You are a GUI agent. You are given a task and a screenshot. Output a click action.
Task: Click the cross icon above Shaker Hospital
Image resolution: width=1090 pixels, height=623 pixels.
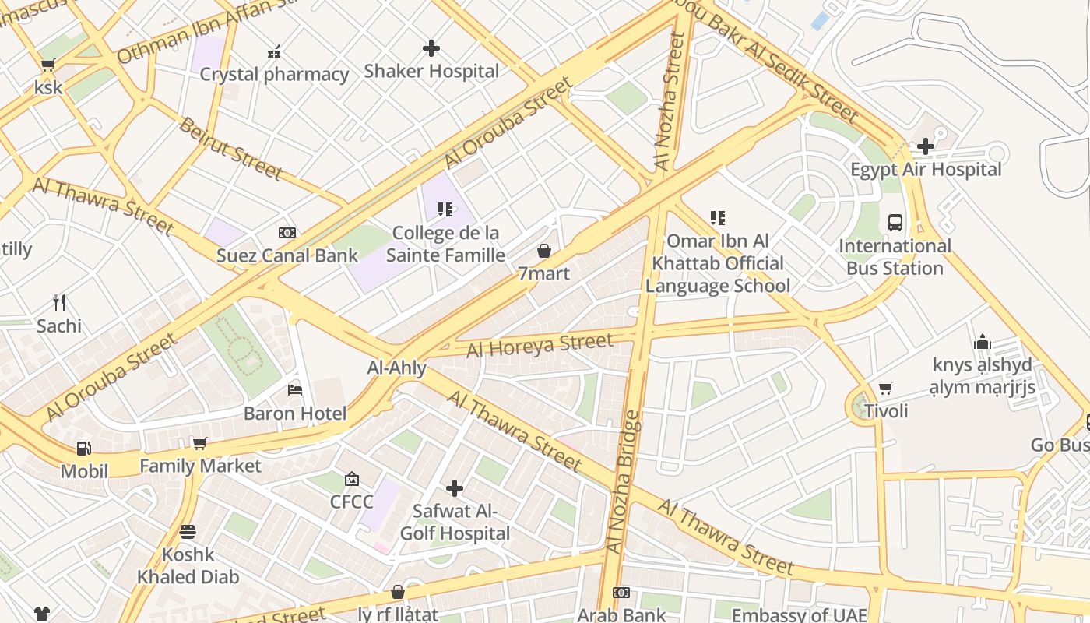pyautogui.click(x=431, y=48)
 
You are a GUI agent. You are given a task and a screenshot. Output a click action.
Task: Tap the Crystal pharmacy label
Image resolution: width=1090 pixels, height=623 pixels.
pyautogui.click(x=274, y=75)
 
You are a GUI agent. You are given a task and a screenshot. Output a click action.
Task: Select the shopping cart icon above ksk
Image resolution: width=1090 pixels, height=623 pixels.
pyautogui.click(x=47, y=65)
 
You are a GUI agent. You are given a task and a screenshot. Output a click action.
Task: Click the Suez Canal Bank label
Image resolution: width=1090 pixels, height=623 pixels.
pyautogui.click(x=287, y=255)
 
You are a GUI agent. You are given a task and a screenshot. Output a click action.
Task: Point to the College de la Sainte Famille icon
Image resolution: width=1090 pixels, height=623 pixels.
pyautogui.click(x=445, y=209)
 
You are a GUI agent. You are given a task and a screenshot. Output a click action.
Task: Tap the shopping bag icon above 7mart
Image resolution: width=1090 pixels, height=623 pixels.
pyautogui.click(x=544, y=251)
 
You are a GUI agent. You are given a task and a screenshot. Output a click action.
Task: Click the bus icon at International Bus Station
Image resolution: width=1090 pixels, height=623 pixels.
pyautogui.click(x=895, y=223)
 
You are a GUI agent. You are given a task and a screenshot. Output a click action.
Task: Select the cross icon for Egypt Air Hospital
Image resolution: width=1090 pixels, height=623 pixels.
pyautogui.click(x=925, y=146)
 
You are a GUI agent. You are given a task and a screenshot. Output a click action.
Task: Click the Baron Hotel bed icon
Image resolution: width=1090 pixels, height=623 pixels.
pyautogui.click(x=295, y=389)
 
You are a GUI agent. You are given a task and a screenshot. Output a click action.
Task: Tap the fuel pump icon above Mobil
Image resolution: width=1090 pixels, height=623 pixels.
pyautogui.click(x=84, y=448)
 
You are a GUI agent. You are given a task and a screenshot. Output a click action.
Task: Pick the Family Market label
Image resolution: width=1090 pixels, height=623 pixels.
pyautogui.click(x=200, y=466)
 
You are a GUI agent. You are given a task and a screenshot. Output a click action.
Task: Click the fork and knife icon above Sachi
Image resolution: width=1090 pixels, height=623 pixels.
pyautogui.click(x=58, y=302)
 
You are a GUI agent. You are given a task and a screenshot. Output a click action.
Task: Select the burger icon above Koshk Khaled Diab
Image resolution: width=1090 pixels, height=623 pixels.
pyautogui.click(x=188, y=532)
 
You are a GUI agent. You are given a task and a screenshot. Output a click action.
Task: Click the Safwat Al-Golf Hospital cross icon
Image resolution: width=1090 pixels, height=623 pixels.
pyautogui.click(x=455, y=488)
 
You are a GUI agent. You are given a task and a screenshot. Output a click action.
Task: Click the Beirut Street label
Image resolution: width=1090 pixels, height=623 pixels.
pyautogui.click(x=230, y=148)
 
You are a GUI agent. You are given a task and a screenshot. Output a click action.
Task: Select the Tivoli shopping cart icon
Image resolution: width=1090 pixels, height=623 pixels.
pyautogui.click(x=886, y=388)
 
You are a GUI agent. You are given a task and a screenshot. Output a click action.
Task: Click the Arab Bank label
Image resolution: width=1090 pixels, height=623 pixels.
pyautogui.click(x=622, y=614)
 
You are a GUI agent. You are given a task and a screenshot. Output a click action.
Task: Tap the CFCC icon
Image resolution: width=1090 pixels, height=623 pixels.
pyautogui.click(x=352, y=479)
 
